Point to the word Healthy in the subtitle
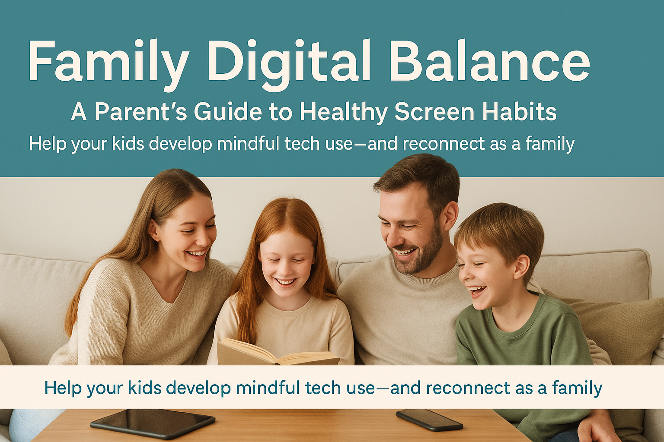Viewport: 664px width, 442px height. coord(344,112)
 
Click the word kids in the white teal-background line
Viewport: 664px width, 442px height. coord(128,144)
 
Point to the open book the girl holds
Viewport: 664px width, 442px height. coord(277,352)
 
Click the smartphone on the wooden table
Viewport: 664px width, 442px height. coord(429,420)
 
